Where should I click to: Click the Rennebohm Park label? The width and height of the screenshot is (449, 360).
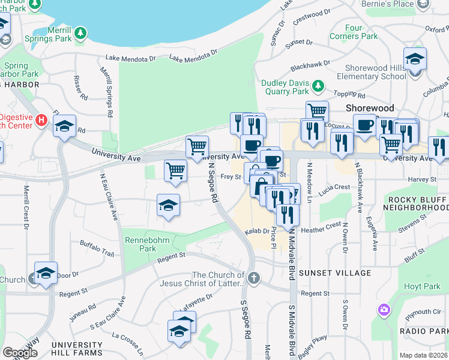click(139, 244)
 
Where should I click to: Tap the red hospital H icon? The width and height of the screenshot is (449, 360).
click(41, 119)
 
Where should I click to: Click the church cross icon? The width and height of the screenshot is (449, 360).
click(255, 278)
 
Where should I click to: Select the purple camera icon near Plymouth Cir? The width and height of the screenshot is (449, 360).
click(383, 310)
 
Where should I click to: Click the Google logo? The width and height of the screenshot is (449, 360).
click(20, 353)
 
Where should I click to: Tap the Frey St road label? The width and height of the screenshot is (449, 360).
click(231, 177)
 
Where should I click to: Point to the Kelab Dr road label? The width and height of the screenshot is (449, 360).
click(256, 232)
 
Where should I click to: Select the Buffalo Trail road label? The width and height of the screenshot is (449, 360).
click(97, 248)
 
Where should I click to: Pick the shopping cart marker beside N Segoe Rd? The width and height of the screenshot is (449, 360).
click(197, 146)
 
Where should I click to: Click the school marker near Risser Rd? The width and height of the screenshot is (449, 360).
click(64, 126)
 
